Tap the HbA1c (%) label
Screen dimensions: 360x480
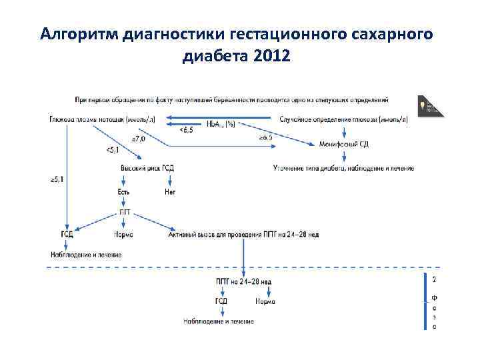click(221, 123)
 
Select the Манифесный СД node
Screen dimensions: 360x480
click(344, 143)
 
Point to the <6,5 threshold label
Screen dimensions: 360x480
click(187, 130)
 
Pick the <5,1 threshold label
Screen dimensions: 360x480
click(114, 150)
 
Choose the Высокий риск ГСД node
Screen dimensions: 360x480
click(147, 168)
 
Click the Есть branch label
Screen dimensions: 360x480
click(124, 192)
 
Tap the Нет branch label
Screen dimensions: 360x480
click(170, 192)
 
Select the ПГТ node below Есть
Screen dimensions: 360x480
click(125, 212)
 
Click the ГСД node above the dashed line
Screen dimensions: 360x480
click(67, 234)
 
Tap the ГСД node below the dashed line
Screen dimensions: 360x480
click(221, 301)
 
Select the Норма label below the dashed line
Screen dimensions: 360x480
click(265, 301)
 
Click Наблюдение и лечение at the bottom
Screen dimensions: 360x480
click(219, 321)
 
